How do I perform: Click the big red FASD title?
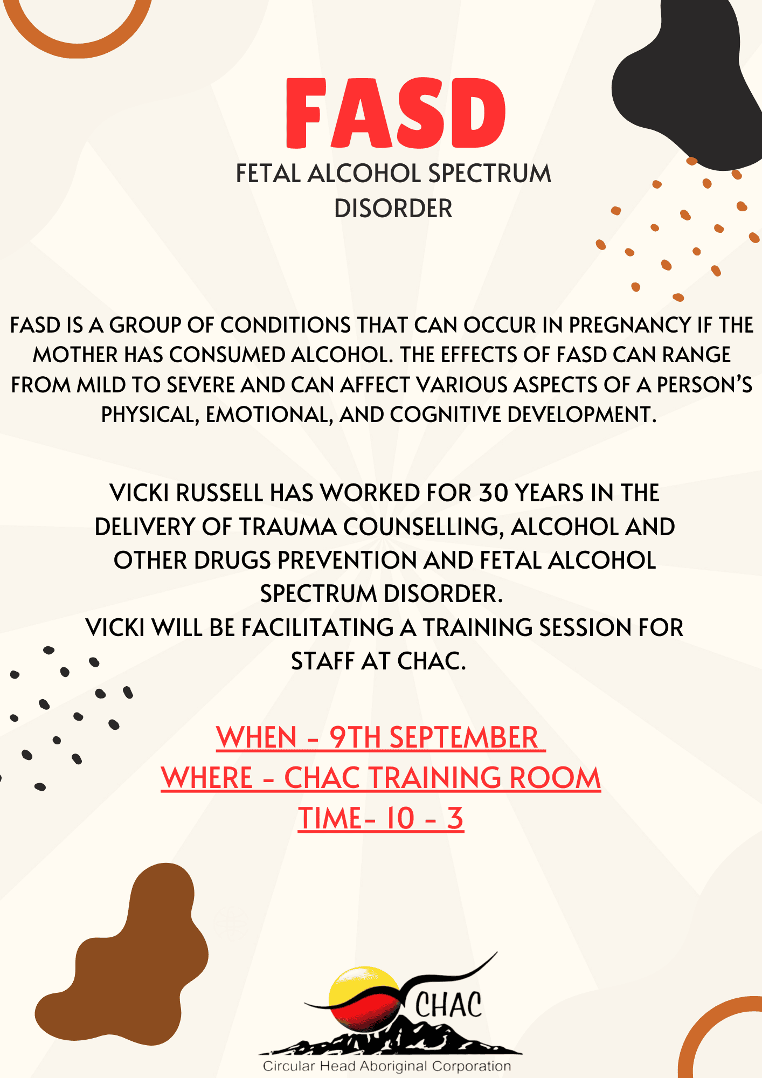396,113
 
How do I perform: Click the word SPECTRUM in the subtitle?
489,174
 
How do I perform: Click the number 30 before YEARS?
493,493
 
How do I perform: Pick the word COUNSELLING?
424,527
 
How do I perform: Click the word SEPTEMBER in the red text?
463,737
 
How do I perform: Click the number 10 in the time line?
400,818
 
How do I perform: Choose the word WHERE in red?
207,778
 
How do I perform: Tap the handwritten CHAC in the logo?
448,1006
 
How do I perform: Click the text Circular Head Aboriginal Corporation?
386,1066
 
